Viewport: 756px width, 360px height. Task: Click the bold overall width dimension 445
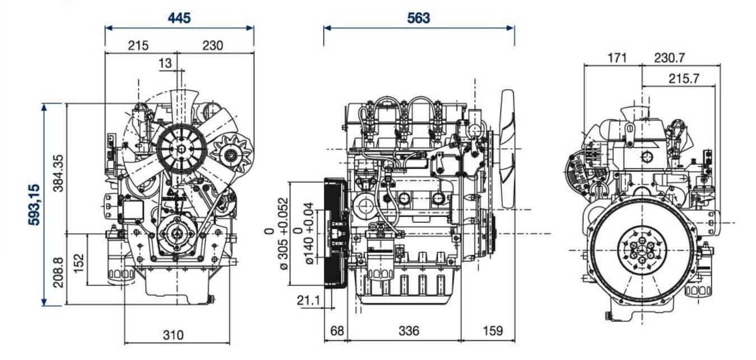click(179, 18)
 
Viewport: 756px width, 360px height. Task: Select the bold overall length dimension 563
click(419, 18)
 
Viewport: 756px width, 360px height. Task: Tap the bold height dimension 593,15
click(35, 204)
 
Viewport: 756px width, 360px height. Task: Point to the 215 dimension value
click(138, 45)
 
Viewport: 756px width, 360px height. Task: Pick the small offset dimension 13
click(165, 63)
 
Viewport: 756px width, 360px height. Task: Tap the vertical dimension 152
click(79, 260)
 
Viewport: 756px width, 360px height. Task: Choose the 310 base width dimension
click(174, 335)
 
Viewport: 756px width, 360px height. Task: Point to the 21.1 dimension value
click(308, 301)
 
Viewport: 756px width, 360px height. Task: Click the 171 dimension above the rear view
click(615, 58)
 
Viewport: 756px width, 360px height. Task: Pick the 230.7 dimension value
click(677, 58)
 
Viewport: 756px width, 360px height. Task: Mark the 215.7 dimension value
click(684, 79)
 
